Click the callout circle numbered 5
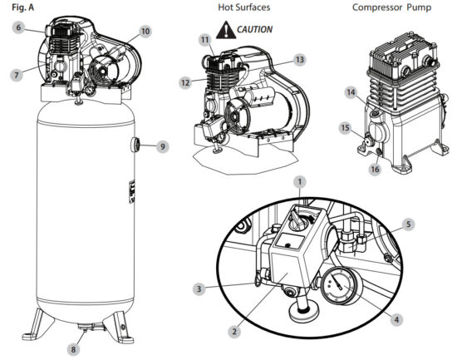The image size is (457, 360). tap(408, 224)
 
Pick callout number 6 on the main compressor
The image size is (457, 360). tap(17, 27)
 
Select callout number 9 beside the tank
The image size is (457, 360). tap(163, 146)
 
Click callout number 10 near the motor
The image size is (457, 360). tap(145, 32)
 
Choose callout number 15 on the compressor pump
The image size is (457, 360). tap(344, 128)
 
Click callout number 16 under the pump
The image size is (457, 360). tap(375, 169)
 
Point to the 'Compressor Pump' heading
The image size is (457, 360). tap(396, 7)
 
